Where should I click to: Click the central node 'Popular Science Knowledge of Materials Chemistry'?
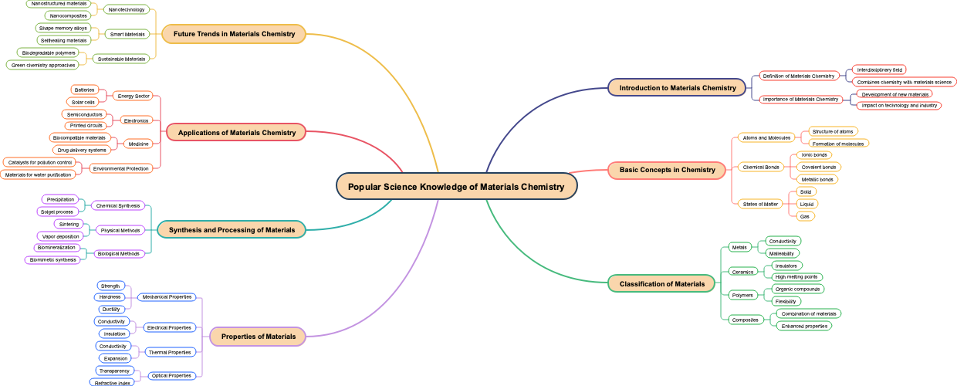tap(456, 187)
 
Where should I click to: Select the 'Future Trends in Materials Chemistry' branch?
tap(234, 34)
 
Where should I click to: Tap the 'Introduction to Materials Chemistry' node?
tap(678, 88)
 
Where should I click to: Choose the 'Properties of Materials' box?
tap(258, 337)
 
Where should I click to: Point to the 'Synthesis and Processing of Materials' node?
tap(232, 230)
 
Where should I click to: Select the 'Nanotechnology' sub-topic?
tap(127, 10)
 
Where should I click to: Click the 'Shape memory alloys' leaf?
tap(63, 29)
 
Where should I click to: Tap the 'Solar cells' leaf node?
tap(83, 102)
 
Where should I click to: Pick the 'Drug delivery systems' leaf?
tap(82, 151)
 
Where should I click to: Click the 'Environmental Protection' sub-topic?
tap(120, 168)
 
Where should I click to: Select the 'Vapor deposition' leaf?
tap(60, 237)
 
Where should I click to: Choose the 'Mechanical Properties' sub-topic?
tap(167, 297)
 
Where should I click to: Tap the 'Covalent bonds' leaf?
tap(818, 168)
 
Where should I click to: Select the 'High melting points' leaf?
tap(796, 277)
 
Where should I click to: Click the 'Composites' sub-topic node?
tap(745, 320)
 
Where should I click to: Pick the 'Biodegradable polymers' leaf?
tap(49, 53)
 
